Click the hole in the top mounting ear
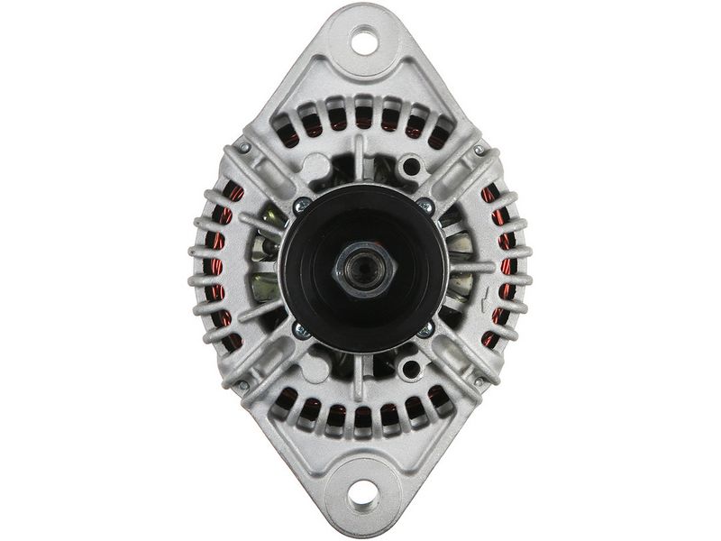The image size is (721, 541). [363, 39]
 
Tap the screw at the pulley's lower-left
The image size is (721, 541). [301, 330]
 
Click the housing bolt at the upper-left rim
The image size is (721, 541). [243, 146]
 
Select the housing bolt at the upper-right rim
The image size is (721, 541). [479, 149]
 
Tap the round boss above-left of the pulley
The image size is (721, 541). [315, 168]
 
